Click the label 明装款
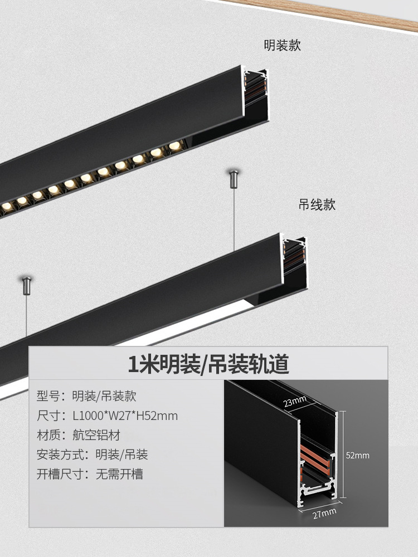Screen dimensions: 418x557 tap(283, 46)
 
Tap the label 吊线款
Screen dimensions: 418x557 tap(317, 205)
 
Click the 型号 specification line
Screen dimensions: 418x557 tap(87, 397)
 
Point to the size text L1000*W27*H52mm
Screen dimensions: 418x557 tap(125, 416)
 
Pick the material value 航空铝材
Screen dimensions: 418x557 tap(96, 435)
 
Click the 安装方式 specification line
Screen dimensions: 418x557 tap(93, 455)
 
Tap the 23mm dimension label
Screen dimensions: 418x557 tap(295, 400)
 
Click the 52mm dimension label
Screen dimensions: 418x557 tap(357, 455)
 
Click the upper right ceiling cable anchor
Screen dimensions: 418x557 tap(234, 178)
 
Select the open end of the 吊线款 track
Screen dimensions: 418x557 tap(294, 258)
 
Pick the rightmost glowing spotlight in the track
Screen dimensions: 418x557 tap(175, 145)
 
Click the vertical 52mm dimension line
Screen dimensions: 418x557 tap(343, 455)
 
